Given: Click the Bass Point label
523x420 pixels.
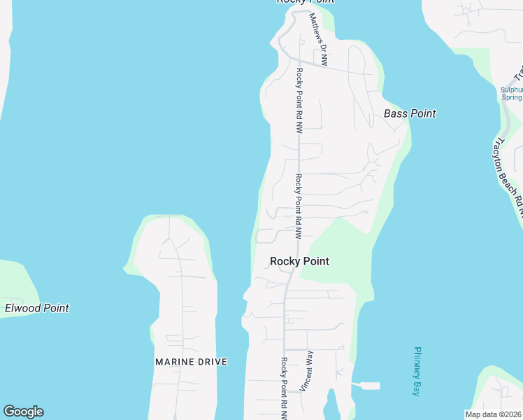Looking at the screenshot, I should click(410, 113).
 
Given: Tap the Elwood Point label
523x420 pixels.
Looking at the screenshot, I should click(37, 308).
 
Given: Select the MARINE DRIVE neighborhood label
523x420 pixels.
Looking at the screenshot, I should click(191, 362).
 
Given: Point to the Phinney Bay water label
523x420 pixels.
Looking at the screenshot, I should click(417, 372).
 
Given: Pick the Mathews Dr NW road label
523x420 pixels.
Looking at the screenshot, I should click(318, 40).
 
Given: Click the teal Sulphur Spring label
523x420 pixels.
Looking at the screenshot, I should click(512, 93).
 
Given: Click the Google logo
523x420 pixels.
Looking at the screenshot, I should click(23, 412).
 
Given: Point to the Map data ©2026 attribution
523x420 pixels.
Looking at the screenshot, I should click(494, 414).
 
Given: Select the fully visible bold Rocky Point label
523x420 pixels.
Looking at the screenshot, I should click(299, 261).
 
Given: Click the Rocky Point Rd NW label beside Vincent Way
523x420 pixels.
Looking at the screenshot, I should click(285, 388).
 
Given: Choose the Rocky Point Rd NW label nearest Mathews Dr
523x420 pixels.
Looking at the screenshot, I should click(299, 101).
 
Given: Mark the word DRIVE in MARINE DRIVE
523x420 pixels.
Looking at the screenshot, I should click(213, 362).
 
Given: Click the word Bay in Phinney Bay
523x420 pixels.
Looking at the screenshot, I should click(417, 389).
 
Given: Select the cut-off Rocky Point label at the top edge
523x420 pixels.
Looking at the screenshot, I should click(306, 2).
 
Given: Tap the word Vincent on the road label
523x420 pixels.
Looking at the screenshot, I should click(306, 378).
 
